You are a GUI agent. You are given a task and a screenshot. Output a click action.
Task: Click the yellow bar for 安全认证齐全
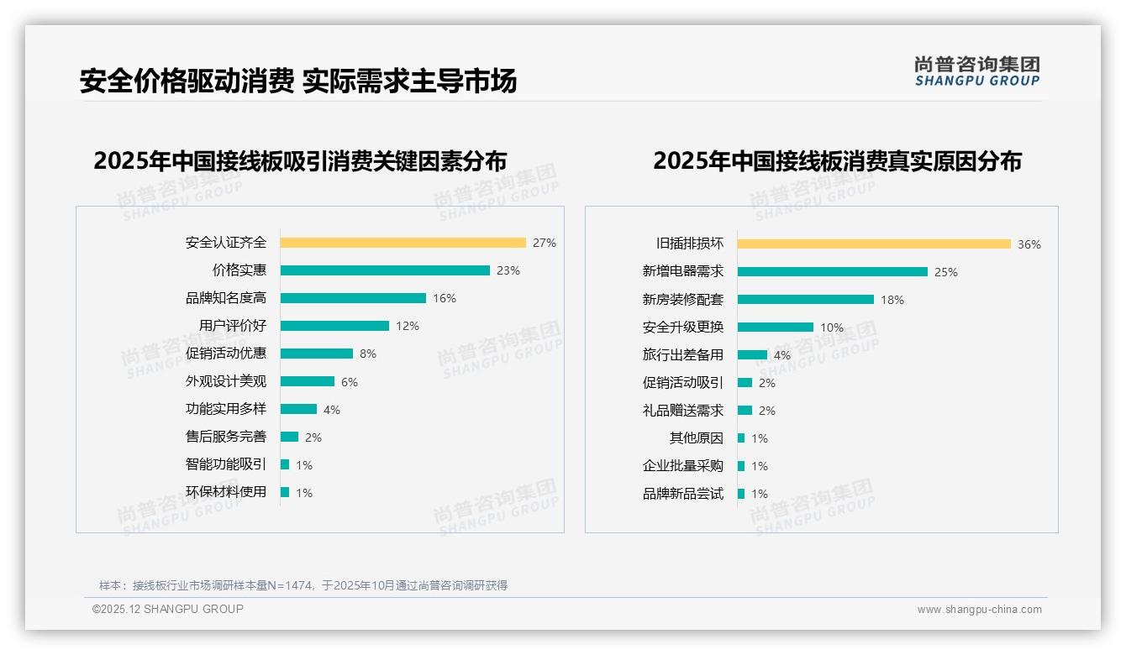pyautogui.click(x=403, y=243)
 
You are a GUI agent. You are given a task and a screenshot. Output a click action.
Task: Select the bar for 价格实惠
pyautogui.click(x=385, y=270)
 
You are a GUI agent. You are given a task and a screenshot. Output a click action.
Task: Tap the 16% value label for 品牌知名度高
pyautogui.click(x=445, y=298)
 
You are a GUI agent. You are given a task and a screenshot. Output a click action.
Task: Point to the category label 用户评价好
pyautogui.click(x=226, y=326)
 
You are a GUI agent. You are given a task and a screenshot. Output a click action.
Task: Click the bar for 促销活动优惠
pyautogui.click(x=317, y=354)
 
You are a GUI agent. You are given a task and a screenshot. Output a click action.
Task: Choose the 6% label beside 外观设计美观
pyautogui.click(x=350, y=382)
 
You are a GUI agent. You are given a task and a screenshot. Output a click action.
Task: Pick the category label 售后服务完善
pyautogui.click(x=226, y=437)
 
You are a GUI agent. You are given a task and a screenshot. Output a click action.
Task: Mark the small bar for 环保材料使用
pyautogui.click(x=285, y=492)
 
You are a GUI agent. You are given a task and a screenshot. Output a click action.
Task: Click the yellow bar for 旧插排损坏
pyautogui.click(x=874, y=244)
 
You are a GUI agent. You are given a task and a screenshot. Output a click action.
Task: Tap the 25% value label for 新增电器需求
pyautogui.click(x=946, y=272)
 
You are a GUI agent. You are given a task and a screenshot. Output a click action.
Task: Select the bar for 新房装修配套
pyautogui.click(x=806, y=300)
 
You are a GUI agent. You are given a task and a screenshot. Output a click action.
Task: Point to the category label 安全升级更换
pyautogui.click(x=682, y=327)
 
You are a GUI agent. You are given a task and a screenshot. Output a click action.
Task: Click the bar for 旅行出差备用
pyautogui.click(x=752, y=355)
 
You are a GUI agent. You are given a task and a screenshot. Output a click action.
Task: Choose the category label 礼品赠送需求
pyautogui.click(x=682, y=411)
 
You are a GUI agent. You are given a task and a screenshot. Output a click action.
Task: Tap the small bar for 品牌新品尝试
pyautogui.click(x=741, y=494)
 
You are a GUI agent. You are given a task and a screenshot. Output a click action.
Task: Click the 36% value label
pyautogui.click(x=1029, y=244)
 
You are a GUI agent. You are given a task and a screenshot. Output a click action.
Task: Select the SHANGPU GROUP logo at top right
pyautogui.click(x=977, y=71)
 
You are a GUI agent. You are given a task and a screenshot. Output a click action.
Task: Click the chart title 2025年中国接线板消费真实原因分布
pyautogui.click(x=837, y=161)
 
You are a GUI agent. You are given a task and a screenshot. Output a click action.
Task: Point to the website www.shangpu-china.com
pyautogui.click(x=979, y=610)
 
